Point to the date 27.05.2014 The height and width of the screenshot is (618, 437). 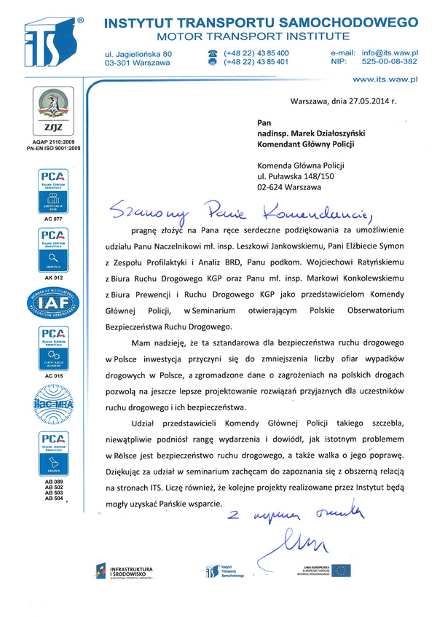362,102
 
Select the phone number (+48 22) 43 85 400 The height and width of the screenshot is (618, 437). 256,53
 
